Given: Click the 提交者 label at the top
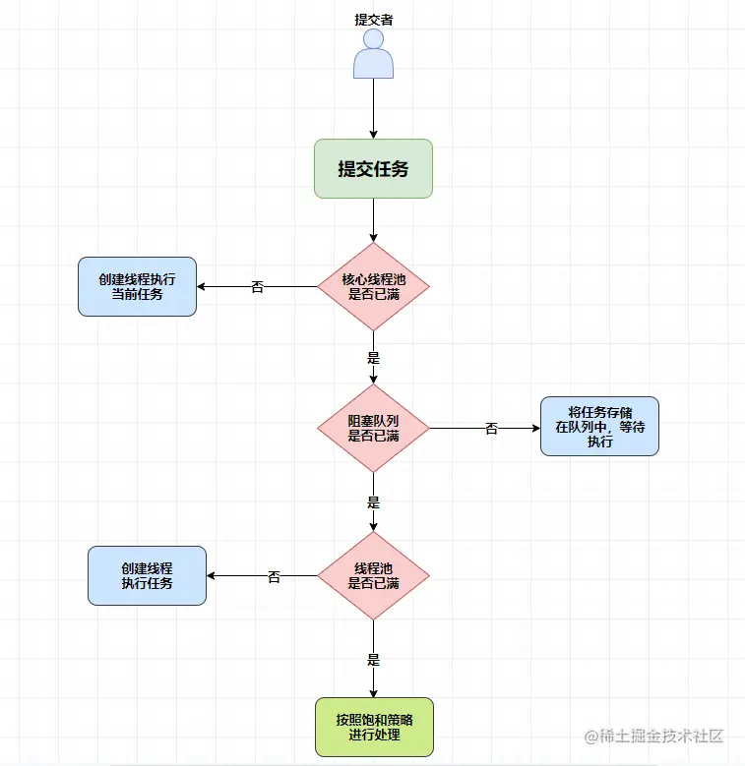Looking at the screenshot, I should [x=373, y=19].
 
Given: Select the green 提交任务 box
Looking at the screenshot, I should [x=373, y=168].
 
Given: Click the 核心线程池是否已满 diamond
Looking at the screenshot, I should [x=373, y=286].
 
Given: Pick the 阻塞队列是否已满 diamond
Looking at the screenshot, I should [x=373, y=428].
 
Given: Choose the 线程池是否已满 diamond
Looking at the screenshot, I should [x=373, y=575].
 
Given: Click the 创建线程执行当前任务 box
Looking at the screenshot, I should [x=137, y=286].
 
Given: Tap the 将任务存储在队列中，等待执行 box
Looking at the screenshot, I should [x=599, y=427].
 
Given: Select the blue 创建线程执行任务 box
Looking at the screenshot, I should [x=147, y=575].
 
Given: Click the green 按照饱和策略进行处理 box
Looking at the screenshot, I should [x=373, y=727].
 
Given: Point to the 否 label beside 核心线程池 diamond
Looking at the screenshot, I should [x=258, y=287].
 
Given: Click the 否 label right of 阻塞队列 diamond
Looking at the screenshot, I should [x=491, y=429].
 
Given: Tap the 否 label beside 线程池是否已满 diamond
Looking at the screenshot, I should [x=274, y=577].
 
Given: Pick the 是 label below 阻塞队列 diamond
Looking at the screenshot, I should [x=373, y=501].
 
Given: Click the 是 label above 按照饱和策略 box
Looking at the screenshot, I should [x=373, y=660].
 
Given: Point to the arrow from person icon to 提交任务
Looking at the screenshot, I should [x=373, y=108].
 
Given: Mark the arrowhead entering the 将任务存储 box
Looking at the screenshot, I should [x=534, y=428].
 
